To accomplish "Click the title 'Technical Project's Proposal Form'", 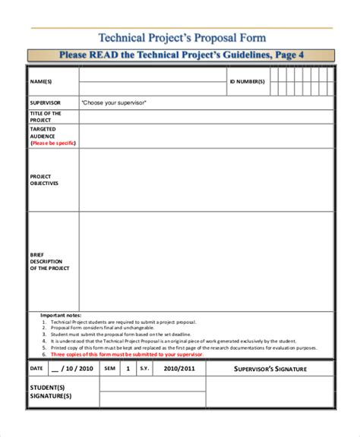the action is point(182,38).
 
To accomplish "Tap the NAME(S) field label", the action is point(41,80).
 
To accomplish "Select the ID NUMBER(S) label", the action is point(248,80).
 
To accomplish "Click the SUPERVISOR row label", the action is point(46,102).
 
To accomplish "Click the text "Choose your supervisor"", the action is point(113,102).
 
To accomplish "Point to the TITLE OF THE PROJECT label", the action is point(45,116).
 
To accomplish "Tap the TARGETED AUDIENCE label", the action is point(44,133).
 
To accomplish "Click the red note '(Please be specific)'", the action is point(52,142).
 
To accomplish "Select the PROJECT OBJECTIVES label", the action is point(44,180).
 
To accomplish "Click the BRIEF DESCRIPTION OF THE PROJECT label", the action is point(49,261).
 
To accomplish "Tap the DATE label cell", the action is point(36,368).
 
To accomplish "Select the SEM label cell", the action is point(109,368).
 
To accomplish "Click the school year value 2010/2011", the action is point(179,368).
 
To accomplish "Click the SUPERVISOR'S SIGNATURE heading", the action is point(270,369).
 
